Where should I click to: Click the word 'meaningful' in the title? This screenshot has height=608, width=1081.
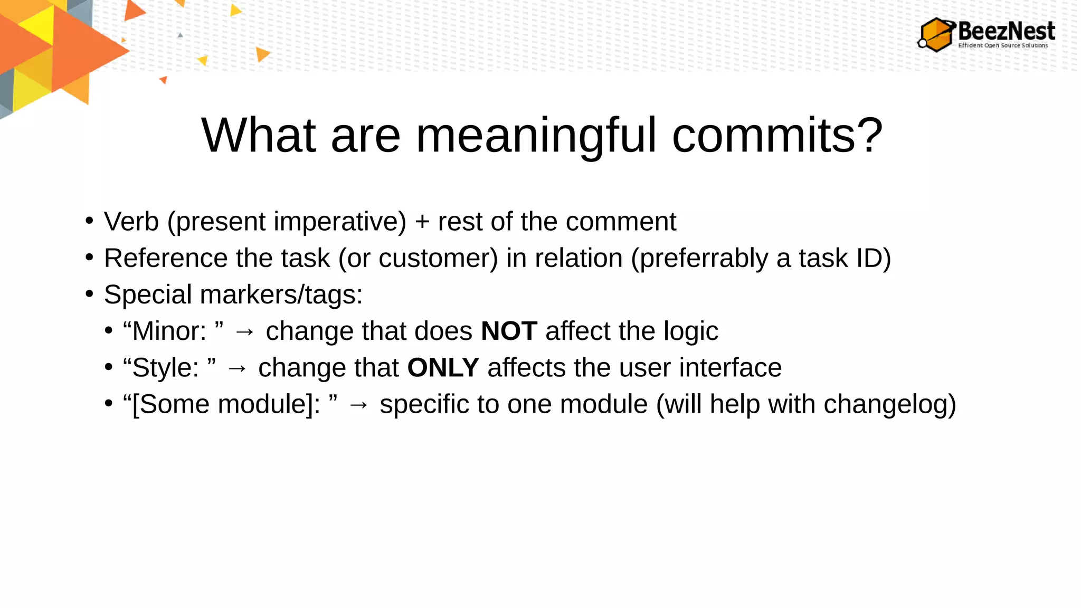coord(536,136)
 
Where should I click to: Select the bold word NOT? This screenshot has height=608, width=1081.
coord(509,331)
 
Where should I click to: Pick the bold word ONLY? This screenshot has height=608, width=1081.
coord(443,368)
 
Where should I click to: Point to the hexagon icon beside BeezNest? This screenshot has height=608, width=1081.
coord(936,35)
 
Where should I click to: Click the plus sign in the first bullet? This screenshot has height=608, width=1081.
coord(422,222)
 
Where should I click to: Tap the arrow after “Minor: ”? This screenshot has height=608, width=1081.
coord(244,332)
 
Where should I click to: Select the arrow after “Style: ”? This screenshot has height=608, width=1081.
coord(237,368)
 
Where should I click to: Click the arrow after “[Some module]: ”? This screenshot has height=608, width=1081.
coord(358,405)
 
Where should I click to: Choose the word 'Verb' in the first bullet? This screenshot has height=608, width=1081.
coord(131,222)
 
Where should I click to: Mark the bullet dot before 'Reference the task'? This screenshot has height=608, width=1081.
coord(89,258)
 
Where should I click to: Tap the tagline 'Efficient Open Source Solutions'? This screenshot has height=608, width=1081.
coord(1003,45)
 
